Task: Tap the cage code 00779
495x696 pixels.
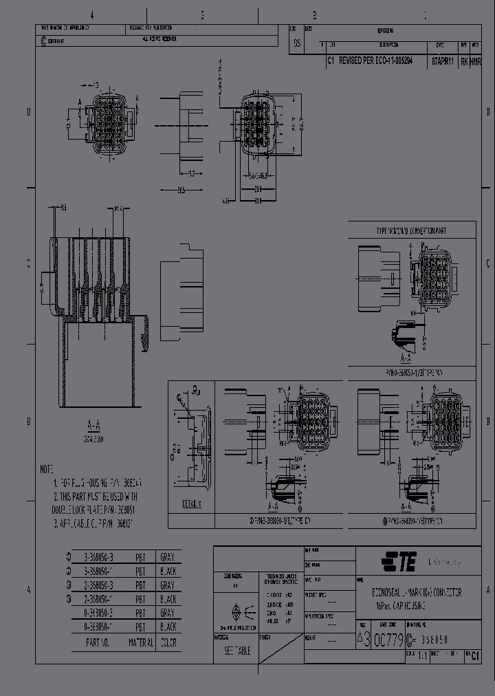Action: [389, 640]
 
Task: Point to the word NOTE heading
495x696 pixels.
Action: [47, 469]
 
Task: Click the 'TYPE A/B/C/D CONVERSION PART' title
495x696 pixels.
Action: [411, 231]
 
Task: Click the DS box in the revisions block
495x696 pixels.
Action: [297, 43]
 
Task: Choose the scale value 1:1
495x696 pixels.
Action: [421, 656]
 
